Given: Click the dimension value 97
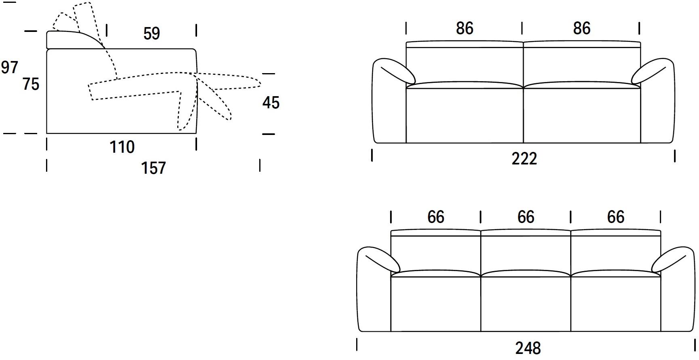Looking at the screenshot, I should point(9,67).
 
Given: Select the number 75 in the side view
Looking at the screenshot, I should point(31,84).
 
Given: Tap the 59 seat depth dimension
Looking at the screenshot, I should point(151,34).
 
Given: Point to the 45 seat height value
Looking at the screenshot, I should point(271,103).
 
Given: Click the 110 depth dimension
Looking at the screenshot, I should point(122,147).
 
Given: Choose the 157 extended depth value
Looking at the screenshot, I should point(153,168).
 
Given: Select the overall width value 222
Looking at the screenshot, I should point(524,159).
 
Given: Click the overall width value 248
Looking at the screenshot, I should point(528,347).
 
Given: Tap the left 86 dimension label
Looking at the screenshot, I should point(464,28).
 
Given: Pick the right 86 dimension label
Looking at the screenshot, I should point(581,28).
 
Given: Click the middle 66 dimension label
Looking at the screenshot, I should point(526,217).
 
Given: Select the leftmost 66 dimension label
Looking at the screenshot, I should point(436,217).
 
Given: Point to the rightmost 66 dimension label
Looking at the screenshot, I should point(615,217).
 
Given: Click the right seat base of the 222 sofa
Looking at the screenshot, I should point(582,115).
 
